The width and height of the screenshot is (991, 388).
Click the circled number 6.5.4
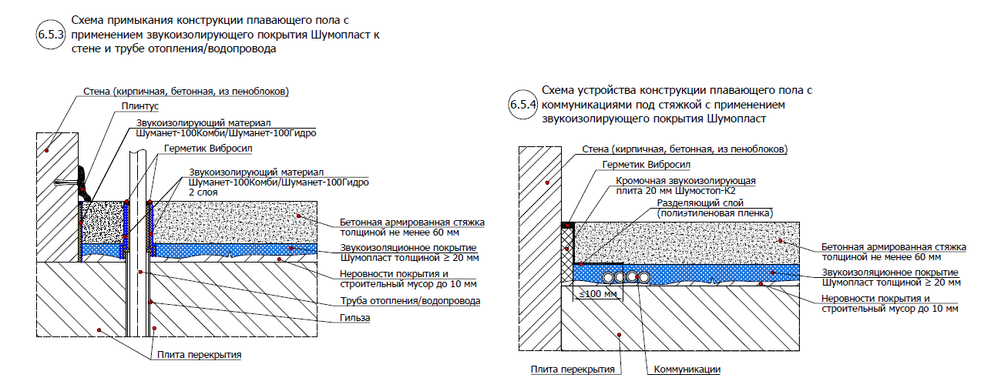pyautogui.click(x=522, y=105)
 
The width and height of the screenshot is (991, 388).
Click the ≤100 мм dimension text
pyautogui.click(x=593, y=293)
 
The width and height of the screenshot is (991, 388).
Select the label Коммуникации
pyautogui.click(x=687, y=370)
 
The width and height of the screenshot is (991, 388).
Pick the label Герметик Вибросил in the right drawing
pyautogui.click(x=647, y=164)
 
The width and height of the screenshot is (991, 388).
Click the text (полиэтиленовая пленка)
pyautogui.click(x=715, y=212)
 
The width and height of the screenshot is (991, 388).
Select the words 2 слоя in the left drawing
pyautogui.click(x=203, y=192)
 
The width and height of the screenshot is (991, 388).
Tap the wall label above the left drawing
pyautogui.click(x=185, y=91)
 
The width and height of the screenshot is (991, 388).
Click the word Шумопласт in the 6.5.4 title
pyautogui.click(x=741, y=119)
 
